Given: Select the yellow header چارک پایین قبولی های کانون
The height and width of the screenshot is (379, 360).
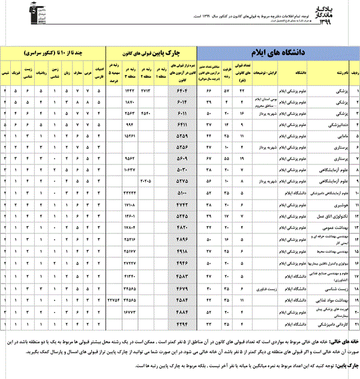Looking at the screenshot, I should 152,52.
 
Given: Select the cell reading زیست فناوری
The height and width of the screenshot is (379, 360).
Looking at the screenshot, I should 262,288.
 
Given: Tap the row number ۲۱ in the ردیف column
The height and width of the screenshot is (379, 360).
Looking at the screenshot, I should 353,324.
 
